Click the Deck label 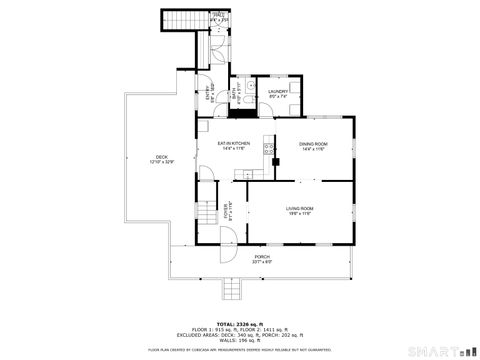pos(161,157)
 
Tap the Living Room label pos(300,208)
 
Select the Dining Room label pos(313,145)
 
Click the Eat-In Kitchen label pos(234,145)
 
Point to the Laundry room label pos(277,92)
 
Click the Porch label pos(262,257)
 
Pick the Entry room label pos(210,91)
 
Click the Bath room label pos(236,93)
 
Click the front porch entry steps pos(233,289)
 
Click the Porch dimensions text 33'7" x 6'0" pos(262,262)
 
